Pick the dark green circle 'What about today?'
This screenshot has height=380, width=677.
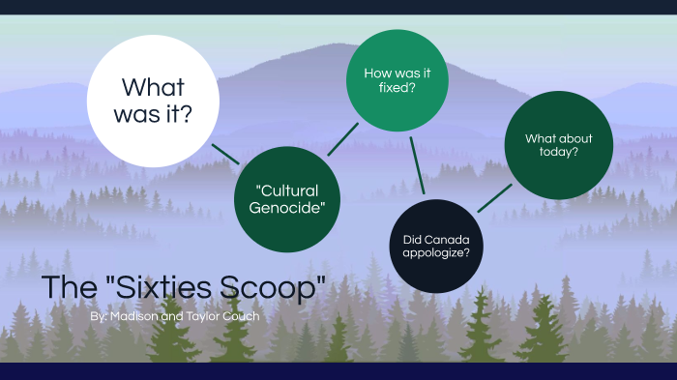(x=558, y=145)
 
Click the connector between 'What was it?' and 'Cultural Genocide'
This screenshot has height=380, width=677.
(x=225, y=153)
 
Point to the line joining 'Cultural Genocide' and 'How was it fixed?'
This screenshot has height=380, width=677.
(x=342, y=139)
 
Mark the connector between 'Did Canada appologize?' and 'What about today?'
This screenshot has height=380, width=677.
(x=495, y=197)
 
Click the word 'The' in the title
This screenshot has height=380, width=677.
(x=70, y=287)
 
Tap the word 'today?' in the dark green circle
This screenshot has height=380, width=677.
(x=559, y=153)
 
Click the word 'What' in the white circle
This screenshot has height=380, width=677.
(x=153, y=85)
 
